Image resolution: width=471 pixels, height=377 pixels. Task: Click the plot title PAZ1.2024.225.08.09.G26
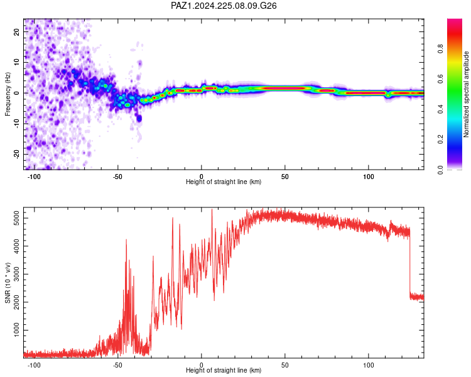224,6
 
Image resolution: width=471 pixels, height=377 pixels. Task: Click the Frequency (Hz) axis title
8,94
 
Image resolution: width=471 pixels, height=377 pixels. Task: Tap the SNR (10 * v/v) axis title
8,283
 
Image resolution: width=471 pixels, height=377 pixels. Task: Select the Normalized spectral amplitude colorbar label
466,94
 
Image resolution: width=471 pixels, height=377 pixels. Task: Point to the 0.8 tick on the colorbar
440,49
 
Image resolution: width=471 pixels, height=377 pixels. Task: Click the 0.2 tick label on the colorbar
440,139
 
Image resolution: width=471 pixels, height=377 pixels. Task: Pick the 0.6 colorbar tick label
440,79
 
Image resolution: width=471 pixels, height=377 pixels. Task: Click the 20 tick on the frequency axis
16,31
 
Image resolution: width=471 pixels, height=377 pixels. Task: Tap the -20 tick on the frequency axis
16,154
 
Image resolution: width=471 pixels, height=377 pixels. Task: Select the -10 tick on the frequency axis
16,124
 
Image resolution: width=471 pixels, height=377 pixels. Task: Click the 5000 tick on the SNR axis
16,218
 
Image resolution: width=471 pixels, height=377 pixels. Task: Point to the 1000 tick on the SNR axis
16,330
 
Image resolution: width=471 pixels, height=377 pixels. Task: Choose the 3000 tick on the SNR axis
16,274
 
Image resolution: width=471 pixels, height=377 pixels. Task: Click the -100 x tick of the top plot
34,177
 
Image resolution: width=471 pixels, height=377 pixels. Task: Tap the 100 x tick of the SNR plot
368,365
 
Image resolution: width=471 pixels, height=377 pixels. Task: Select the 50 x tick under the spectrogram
284,177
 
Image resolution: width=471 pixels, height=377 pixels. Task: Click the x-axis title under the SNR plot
224,370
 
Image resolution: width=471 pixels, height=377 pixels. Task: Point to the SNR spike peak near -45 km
126,240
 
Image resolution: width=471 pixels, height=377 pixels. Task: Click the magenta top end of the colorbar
455,21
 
